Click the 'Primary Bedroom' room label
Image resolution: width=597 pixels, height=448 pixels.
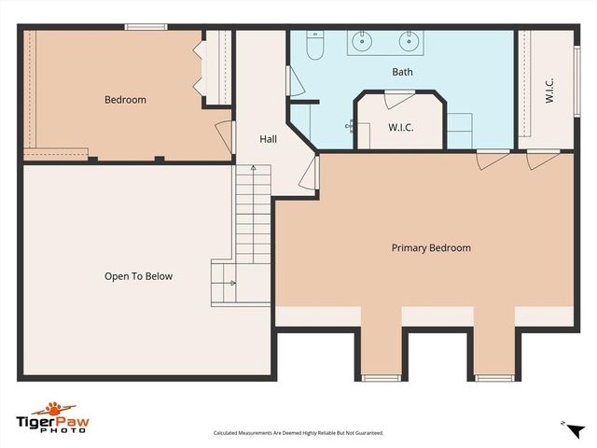click(430, 248)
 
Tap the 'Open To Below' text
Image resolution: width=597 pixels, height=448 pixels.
click(138, 276)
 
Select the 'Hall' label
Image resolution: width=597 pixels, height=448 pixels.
click(268, 139)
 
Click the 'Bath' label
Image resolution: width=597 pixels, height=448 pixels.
click(402, 72)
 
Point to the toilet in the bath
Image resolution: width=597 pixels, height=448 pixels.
click(314, 46)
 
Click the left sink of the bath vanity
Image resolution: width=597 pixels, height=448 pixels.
click(362, 41)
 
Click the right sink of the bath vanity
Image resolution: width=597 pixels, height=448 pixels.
click(408, 41)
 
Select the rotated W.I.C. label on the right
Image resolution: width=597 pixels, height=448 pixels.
click(549, 91)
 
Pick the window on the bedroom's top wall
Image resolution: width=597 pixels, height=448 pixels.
click(146, 26)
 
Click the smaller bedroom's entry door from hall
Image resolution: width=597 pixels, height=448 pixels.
click(224, 135)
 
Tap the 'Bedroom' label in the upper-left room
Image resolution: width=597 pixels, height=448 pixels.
click(125, 100)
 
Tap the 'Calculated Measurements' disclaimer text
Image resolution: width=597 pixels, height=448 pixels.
click(298, 433)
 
